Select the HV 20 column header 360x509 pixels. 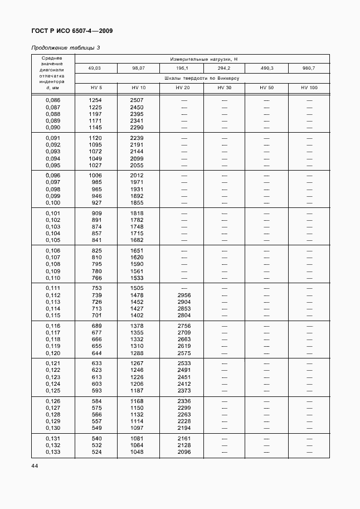182,88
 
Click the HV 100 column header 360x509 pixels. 309,88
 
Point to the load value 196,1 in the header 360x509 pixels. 182,68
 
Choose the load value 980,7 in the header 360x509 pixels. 309,68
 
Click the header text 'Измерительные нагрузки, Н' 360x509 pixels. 202,59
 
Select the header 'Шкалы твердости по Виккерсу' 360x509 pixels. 202,78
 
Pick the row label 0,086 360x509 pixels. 52,100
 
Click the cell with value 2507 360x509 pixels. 137,100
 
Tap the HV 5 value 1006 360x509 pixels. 96,175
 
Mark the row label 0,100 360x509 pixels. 52,202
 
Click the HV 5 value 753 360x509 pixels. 96,288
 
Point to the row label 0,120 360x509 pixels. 52,353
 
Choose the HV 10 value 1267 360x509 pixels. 137,363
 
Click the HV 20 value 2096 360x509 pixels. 183,452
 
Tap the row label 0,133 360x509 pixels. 52,452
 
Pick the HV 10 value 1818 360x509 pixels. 137,213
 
